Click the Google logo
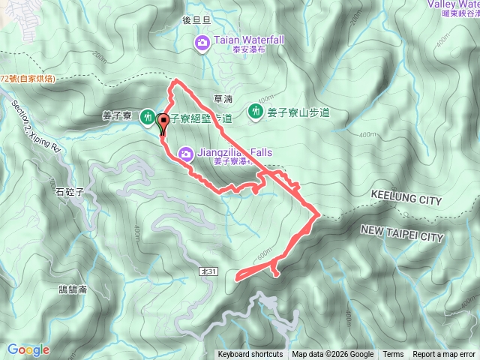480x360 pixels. [x=28, y=349]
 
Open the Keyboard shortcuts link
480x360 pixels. [x=250, y=355]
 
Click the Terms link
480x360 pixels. [x=393, y=355]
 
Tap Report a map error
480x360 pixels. [x=445, y=355]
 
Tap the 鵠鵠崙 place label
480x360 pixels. [x=73, y=289]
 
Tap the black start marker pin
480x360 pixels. [x=162, y=121]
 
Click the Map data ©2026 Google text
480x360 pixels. [x=333, y=355]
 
